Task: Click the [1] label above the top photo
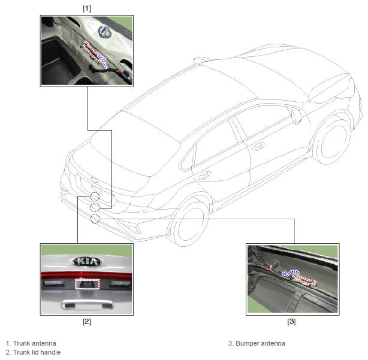pos(87,8)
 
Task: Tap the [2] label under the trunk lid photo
pos(87,321)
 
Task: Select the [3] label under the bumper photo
pos(291,321)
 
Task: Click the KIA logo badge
pos(86,262)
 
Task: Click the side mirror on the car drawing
pos(296,116)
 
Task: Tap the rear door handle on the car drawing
pos(204,175)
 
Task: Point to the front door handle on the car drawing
pos(258,147)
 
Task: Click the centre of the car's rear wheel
pos(191,226)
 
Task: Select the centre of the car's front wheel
pos(334,142)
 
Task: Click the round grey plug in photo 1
pos(104,32)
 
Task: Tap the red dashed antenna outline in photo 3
pos(304,281)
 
